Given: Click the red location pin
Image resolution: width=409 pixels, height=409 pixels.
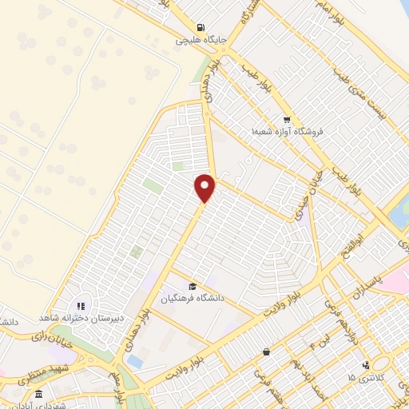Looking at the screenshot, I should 205,187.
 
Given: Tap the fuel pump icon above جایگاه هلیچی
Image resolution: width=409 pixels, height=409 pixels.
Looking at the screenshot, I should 200,26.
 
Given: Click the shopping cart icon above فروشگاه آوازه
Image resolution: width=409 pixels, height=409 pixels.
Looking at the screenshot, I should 286,120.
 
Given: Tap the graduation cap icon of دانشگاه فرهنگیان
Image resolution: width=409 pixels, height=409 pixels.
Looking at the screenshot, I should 192,286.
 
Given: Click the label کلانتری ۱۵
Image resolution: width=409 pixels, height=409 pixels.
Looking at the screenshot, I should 366,376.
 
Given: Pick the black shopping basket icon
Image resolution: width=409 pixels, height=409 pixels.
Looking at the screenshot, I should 266,351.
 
